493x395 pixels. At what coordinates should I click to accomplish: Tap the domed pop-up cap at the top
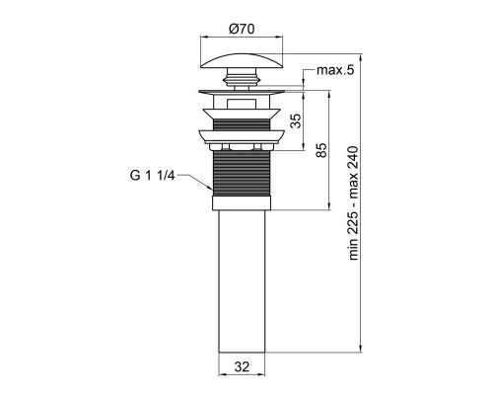coord(242,53)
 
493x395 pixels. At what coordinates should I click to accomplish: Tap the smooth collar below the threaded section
coord(242,202)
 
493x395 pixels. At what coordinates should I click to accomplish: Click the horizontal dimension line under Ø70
coord(242,37)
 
